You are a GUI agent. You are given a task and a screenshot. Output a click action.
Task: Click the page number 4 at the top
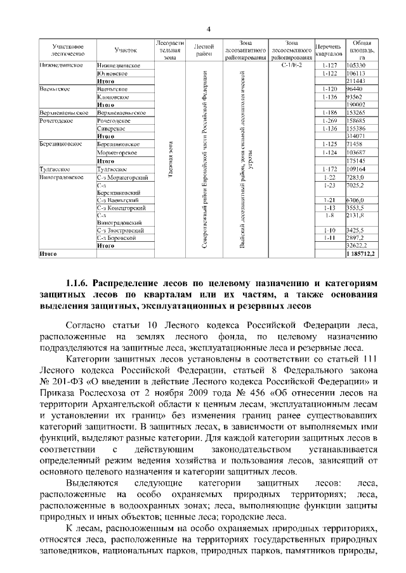point(209,29)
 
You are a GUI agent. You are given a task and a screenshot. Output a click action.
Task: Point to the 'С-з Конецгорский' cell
point(122,208)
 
